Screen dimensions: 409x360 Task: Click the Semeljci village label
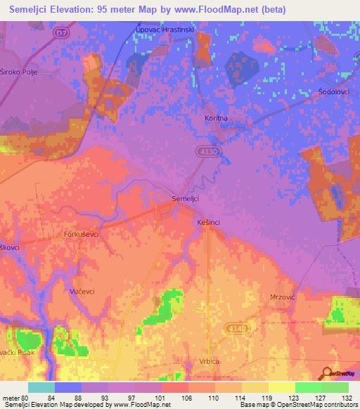tap(186, 199)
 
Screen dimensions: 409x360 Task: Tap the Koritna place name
tap(216, 119)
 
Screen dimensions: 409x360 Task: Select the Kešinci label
tap(207, 222)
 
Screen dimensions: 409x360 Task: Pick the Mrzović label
tap(283, 297)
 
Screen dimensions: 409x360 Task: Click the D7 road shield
tap(63, 32)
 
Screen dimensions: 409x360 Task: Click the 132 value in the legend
tap(347, 398)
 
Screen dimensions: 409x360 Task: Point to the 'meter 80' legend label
tap(17, 398)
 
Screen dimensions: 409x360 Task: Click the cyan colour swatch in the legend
tap(41, 387)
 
